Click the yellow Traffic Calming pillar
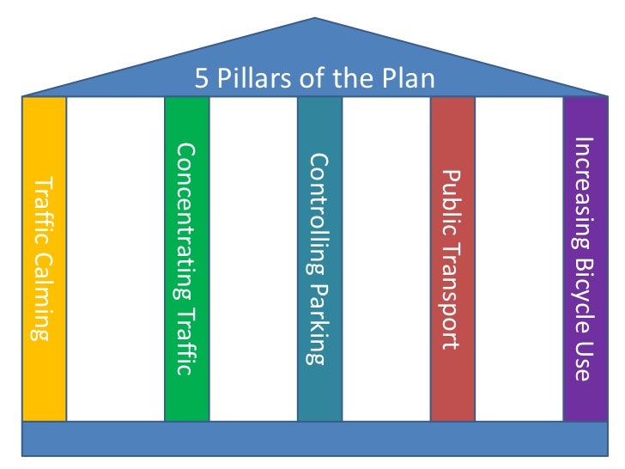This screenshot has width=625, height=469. tap(44, 258)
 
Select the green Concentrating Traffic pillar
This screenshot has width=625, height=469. tap(186, 258)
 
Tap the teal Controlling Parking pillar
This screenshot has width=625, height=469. tap(319, 258)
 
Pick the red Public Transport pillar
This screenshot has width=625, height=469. tap(452, 258)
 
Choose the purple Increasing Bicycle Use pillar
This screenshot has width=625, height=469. tap(585, 258)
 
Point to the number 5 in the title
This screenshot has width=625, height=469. tap(202, 80)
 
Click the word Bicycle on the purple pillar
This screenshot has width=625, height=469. tap(584, 288)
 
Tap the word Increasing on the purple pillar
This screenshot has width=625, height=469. tap(584, 192)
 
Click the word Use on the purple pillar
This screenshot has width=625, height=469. tap(584, 361)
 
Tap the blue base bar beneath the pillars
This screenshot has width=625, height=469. tap(315, 438)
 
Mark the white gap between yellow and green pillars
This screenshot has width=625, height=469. tap(115, 258)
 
